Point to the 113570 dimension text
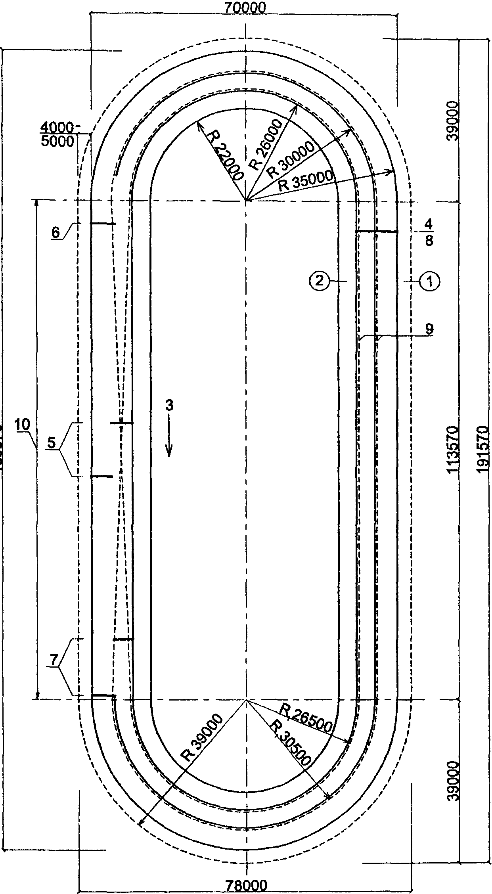click(x=452, y=450)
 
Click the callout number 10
click(x=23, y=425)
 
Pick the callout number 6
click(x=56, y=232)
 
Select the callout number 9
click(x=429, y=329)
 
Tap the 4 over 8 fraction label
click(x=429, y=234)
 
